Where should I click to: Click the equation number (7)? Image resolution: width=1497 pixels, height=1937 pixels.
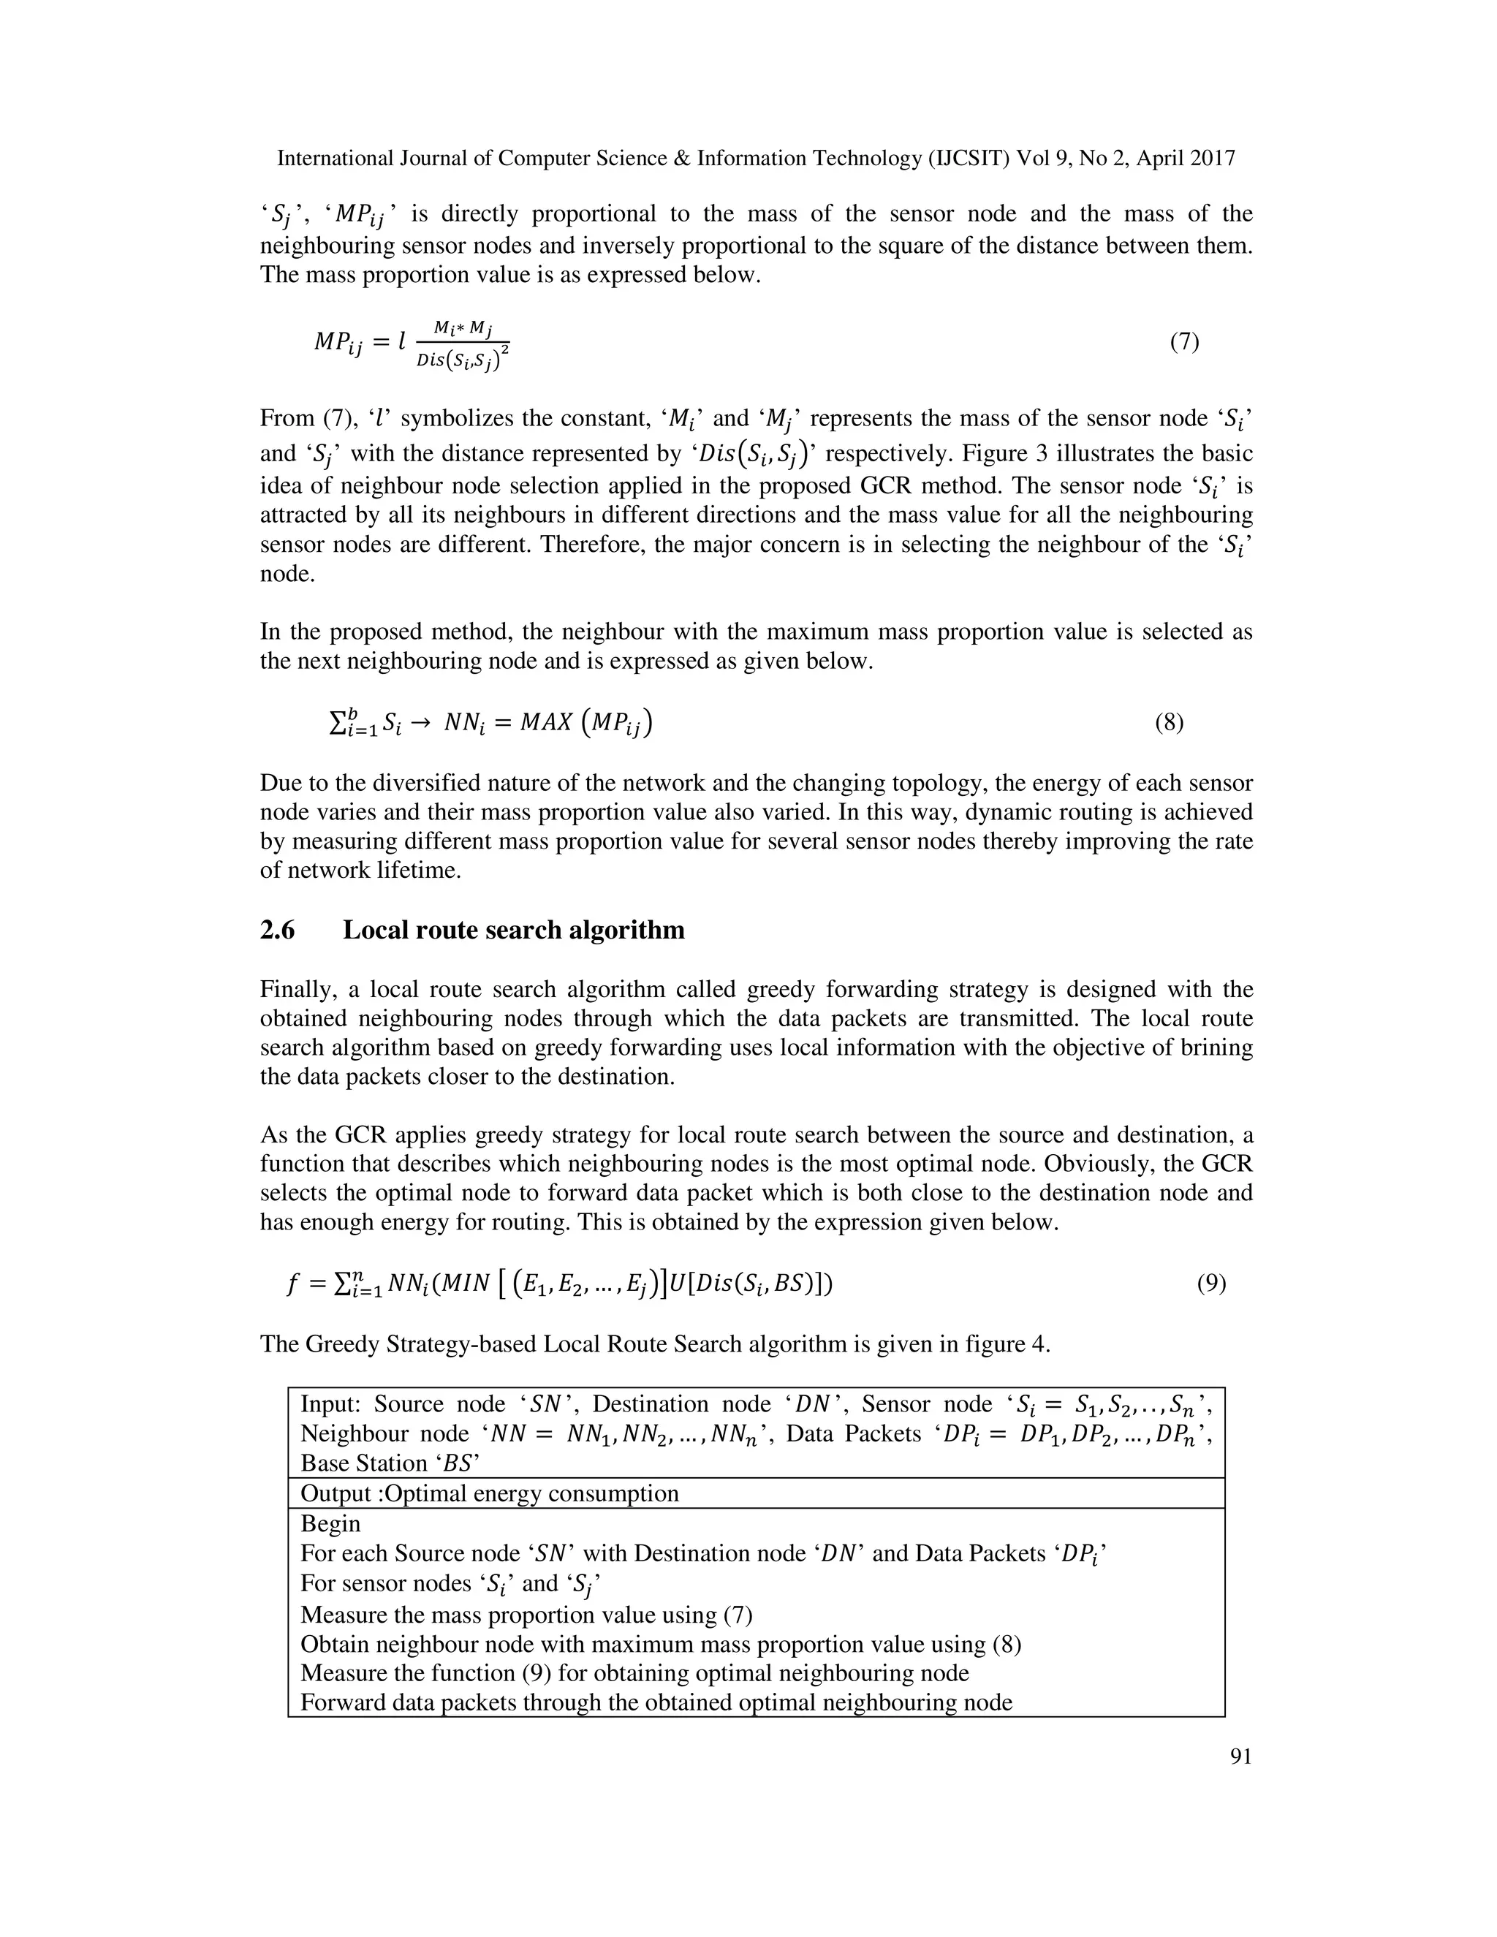point(1185,342)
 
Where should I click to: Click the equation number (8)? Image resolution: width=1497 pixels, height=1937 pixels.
point(1169,724)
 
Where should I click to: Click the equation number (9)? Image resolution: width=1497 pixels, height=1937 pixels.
point(1211,1284)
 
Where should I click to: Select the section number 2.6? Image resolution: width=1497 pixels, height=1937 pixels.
point(278,930)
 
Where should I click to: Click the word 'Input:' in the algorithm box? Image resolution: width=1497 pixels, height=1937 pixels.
point(331,1405)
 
